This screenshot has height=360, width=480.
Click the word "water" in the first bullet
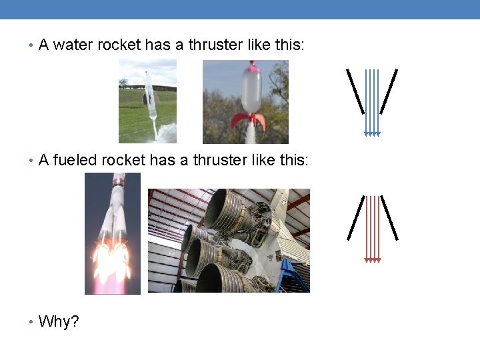71,45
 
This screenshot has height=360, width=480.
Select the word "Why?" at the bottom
59,322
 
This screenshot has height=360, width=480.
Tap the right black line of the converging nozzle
389,91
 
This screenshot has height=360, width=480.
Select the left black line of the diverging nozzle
355,217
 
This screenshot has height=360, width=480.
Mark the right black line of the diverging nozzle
389,217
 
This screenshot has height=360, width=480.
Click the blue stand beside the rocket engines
294,277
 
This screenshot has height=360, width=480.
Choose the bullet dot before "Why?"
31,323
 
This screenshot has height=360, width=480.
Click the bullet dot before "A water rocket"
31,46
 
